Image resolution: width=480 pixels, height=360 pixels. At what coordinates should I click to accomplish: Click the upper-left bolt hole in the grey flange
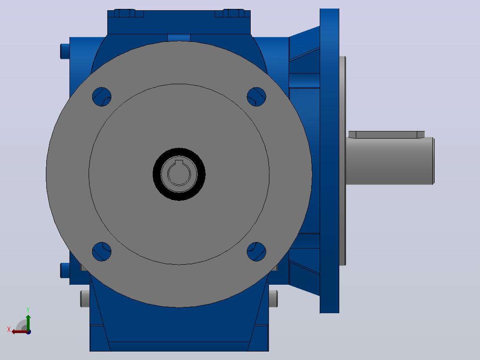(x=102, y=97)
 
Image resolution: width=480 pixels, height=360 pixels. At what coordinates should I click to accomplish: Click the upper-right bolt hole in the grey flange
(x=256, y=97)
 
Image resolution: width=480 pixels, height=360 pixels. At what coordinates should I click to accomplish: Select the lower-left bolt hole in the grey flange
(x=102, y=252)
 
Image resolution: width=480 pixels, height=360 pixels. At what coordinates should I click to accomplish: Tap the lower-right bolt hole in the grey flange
(x=256, y=252)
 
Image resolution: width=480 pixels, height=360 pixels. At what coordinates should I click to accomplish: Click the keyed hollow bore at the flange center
(x=179, y=173)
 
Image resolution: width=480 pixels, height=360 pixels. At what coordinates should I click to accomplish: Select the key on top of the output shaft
(x=386, y=135)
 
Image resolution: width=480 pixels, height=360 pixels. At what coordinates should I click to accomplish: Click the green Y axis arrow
(x=28, y=323)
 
